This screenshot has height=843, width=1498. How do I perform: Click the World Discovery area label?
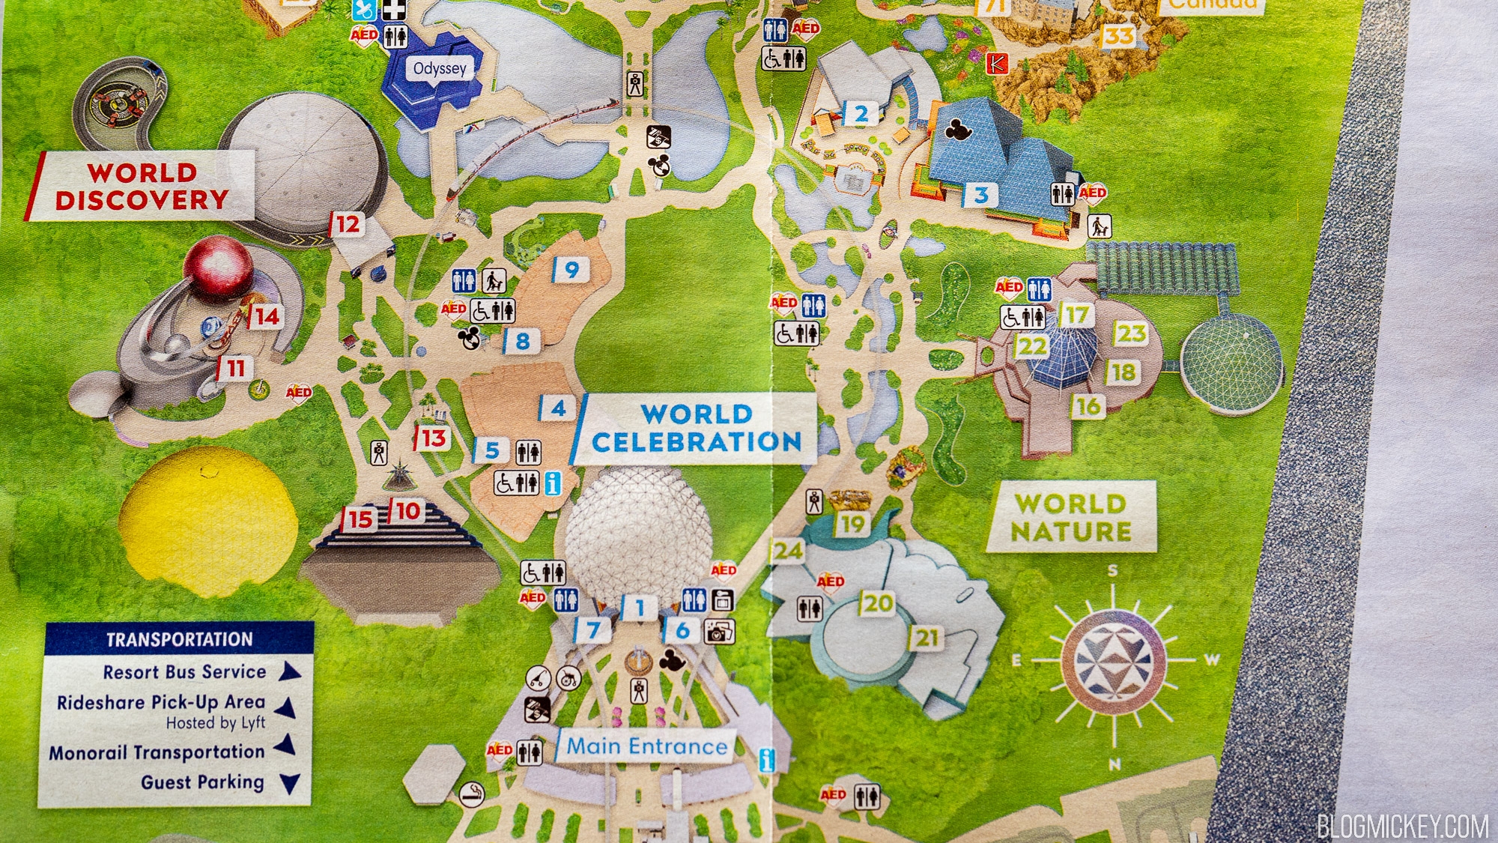pos(142,187)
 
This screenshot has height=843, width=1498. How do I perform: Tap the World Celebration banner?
pos(696,428)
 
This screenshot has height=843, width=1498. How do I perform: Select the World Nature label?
pos(1071,517)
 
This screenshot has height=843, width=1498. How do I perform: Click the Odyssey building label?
pos(440,69)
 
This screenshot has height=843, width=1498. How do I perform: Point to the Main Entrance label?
pos(646,746)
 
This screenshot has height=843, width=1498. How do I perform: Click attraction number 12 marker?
pos(347,224)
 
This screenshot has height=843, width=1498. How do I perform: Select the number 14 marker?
pos(266,317)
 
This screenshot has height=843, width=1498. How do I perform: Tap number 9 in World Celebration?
pos(571,270)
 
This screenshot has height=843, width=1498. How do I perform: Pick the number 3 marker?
pos(980,196)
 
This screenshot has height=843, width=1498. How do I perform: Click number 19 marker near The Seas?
pos(852,524)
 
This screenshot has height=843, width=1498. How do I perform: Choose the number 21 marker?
pos(927,638)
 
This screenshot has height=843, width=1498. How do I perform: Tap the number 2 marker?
pos(861,114)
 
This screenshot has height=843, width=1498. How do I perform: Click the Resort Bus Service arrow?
pos(289,671)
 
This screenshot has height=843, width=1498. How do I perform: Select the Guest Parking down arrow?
pos(289,784)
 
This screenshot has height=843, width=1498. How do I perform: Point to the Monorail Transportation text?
pos(157,752)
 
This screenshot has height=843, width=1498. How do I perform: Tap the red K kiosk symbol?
pos(997,64)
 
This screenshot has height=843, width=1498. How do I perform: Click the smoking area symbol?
pos(472,792)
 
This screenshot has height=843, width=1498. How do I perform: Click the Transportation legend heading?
pos(179,639)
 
